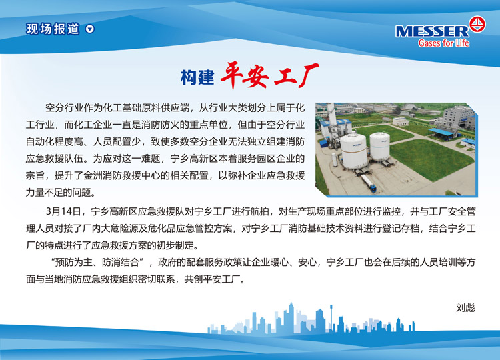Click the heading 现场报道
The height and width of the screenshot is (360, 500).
[53, 29]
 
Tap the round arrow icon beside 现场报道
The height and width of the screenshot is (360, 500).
[90, 29]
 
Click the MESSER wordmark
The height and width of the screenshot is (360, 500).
[432, 31]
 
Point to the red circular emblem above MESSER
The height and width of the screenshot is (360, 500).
[477, 24]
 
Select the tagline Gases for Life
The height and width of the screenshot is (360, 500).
[443, 43]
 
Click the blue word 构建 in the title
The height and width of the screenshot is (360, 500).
[197, 77]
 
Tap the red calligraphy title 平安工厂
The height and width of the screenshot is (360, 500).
[269, 75]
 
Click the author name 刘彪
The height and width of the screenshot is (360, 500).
[465, 308]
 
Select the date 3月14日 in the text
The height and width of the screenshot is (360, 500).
[63, 211]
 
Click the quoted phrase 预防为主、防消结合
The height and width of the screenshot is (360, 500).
[97, 263]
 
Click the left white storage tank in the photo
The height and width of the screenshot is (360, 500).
[354, 151]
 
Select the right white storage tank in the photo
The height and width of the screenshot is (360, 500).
[380, 147]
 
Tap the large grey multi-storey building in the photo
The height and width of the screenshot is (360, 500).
[459, 116]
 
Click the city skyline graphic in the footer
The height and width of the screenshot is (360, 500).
[311, 318]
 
